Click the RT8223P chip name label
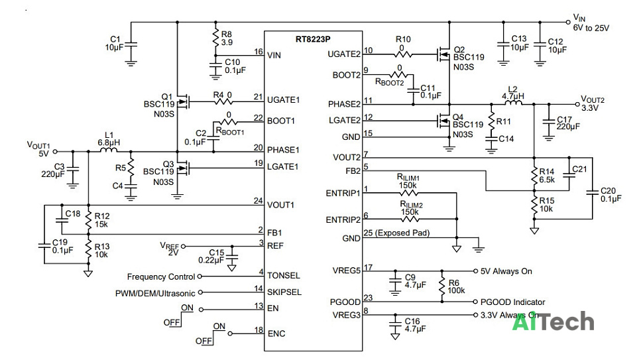tap(313, 40)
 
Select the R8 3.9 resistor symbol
tap(215, 38)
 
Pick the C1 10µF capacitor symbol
tap(131, 45)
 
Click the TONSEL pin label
tap(284, 276)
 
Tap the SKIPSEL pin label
tap(284, 292)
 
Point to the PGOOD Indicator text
tap(512, 302)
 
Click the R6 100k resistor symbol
tap(442, 286)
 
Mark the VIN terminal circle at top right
tap(568, 22)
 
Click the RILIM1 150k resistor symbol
tap(409, 193)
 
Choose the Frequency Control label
tap(161, 277)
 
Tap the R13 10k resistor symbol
tap(88, 249)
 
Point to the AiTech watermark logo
tap(553, 322)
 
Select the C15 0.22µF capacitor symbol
tap(232, 257)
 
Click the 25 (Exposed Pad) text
tap(396, 233)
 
